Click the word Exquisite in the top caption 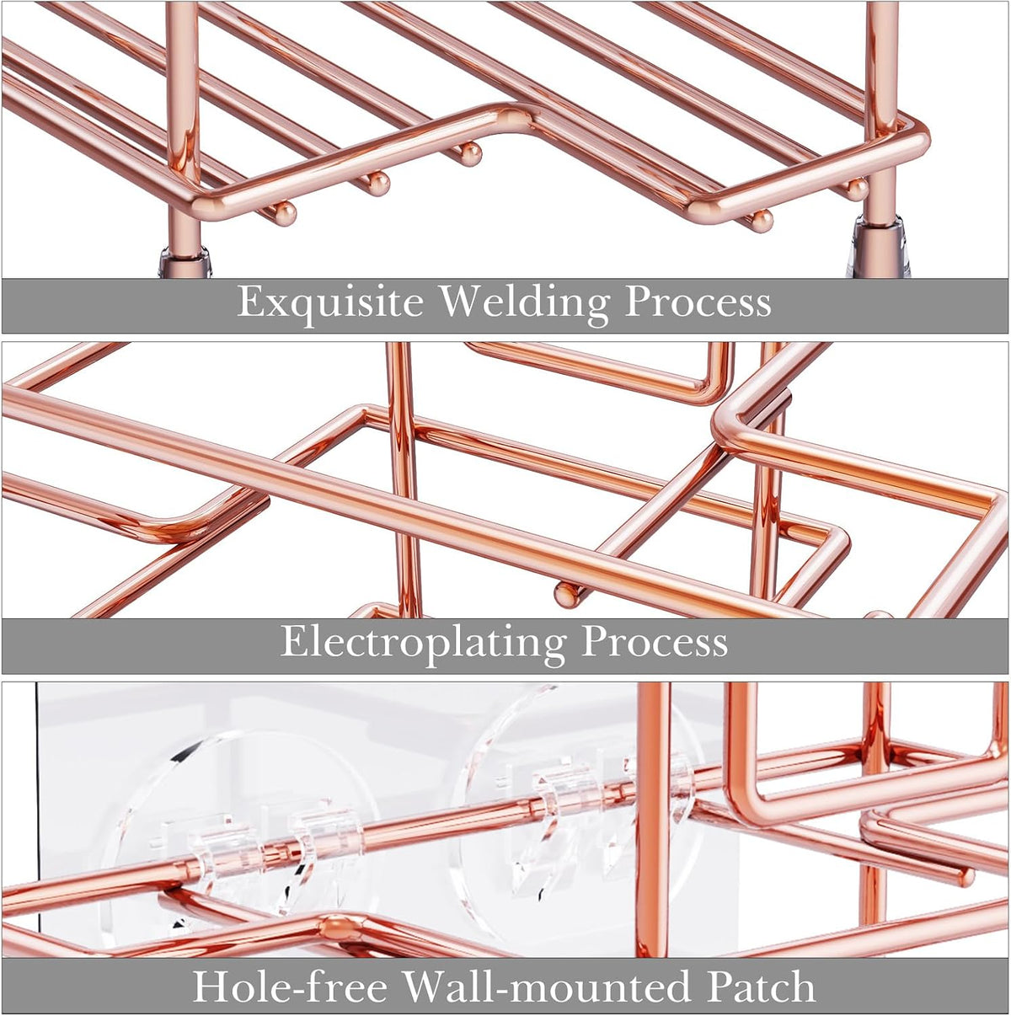coord(330,302)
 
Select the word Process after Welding coord(698,302)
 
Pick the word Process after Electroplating coord(655,643)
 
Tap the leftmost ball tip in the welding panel coord(286,214)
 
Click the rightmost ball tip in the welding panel coord(858,190)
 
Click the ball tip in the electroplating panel coord(566,596)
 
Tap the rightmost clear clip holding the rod coord(658,779)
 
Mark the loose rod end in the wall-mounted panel coord(966,877)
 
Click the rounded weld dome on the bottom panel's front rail coord(338,928)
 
